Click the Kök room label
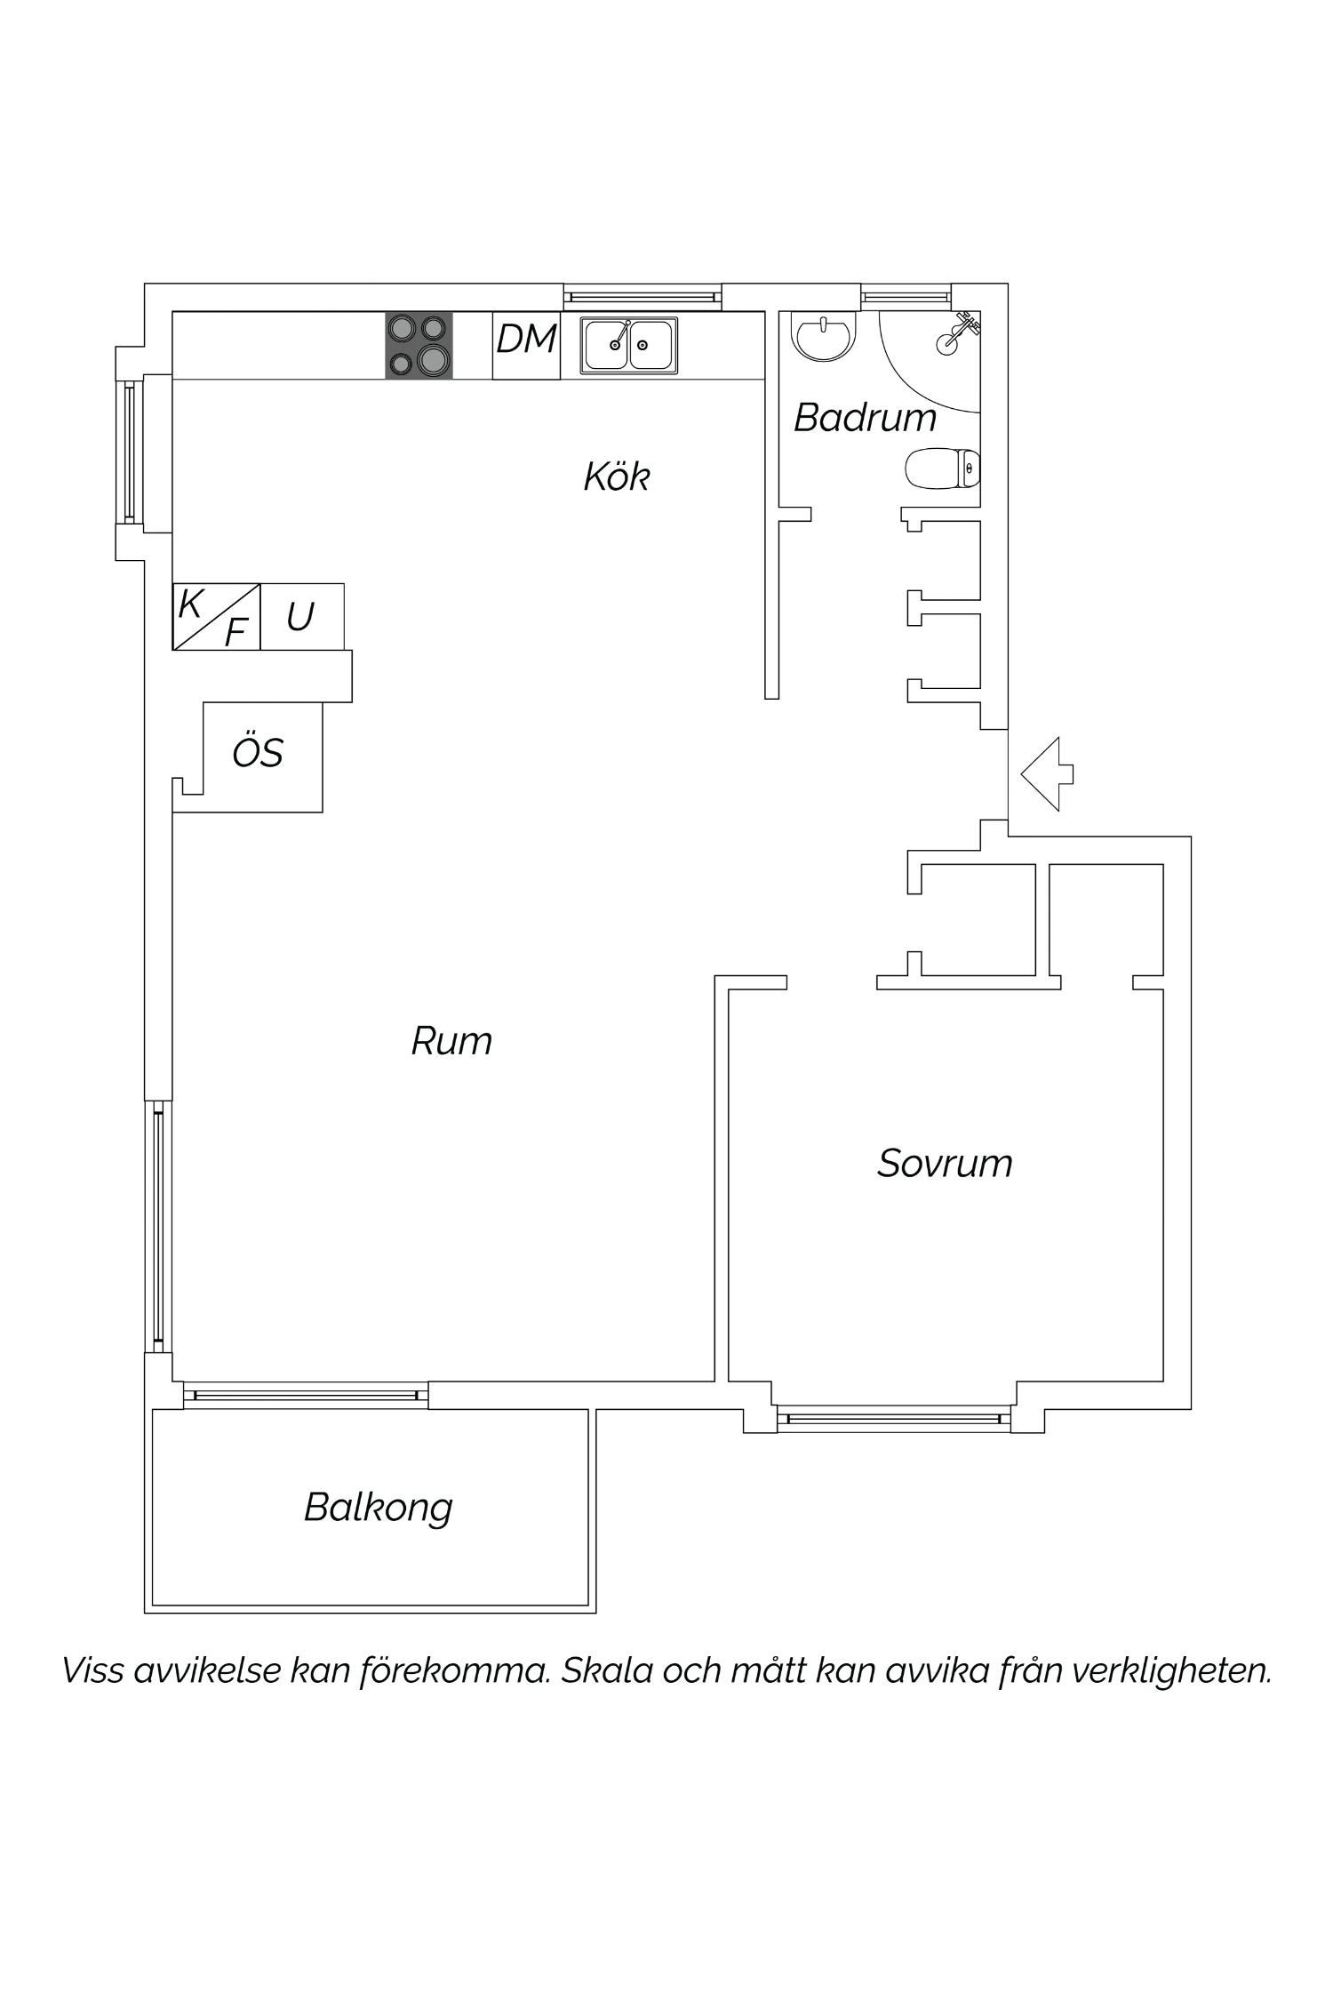pos(617,476)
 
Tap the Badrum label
pos(865,417)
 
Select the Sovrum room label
pos(945,1163)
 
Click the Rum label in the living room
pos(451,1041)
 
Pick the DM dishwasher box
pos(526,345)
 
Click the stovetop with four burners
pos(419,345)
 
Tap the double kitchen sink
pos(629,345)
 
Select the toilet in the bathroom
pos(943,468)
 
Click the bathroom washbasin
pos(826,337)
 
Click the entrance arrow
pos(1047,773)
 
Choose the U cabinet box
pos(302,617)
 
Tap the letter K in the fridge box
pos(189,605)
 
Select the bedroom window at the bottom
pos(894,1418)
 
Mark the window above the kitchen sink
pos(643,297)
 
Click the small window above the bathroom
pos(906,297)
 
